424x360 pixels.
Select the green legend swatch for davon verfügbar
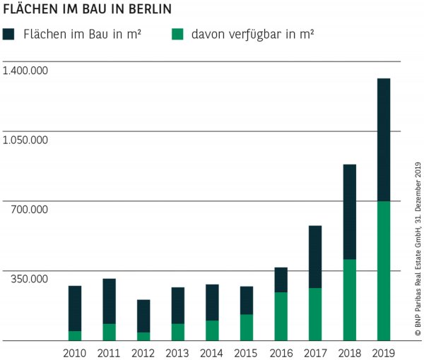[178, 33]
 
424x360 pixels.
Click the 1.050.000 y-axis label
[25, 140]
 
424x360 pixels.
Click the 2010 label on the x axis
[75, 352]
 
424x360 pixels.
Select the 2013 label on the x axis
[178, 352]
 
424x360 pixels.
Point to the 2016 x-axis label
[281, 352]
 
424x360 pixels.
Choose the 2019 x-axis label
[384, 352]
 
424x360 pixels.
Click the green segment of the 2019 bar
[384, 270]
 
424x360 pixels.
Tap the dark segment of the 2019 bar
[384, 140]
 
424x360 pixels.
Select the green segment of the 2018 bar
[349, 299]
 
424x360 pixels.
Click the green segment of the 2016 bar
[281, 316]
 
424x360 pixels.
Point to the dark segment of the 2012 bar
[143, 316]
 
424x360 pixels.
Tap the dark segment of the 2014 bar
[212, 302]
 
